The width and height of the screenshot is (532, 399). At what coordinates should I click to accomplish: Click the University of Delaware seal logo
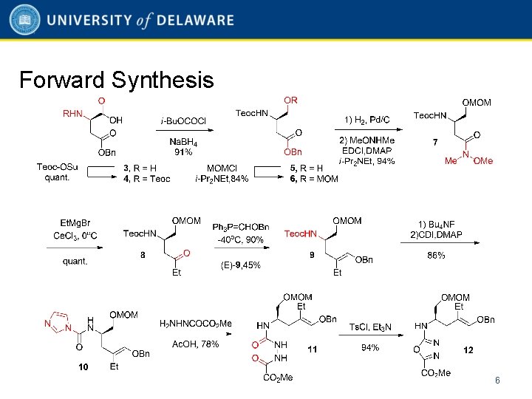(25, 21)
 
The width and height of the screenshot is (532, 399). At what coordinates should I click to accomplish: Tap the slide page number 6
(497, 381)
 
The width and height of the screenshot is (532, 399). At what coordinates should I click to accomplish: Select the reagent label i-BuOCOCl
(183, 120)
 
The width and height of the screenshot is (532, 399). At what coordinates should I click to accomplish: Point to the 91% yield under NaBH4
(183, 152)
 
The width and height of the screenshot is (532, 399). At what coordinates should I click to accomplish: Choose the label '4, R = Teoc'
(146, 178)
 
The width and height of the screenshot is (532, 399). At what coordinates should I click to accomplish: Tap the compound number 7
(435, 141)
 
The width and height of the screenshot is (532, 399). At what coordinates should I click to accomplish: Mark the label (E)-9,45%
(240, 265)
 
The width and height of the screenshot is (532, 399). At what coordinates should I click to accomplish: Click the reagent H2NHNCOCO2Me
(196, 324)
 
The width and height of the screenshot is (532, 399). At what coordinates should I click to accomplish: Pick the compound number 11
(313, 350)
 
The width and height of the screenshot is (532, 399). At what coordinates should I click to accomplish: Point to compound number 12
(468, 350)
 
